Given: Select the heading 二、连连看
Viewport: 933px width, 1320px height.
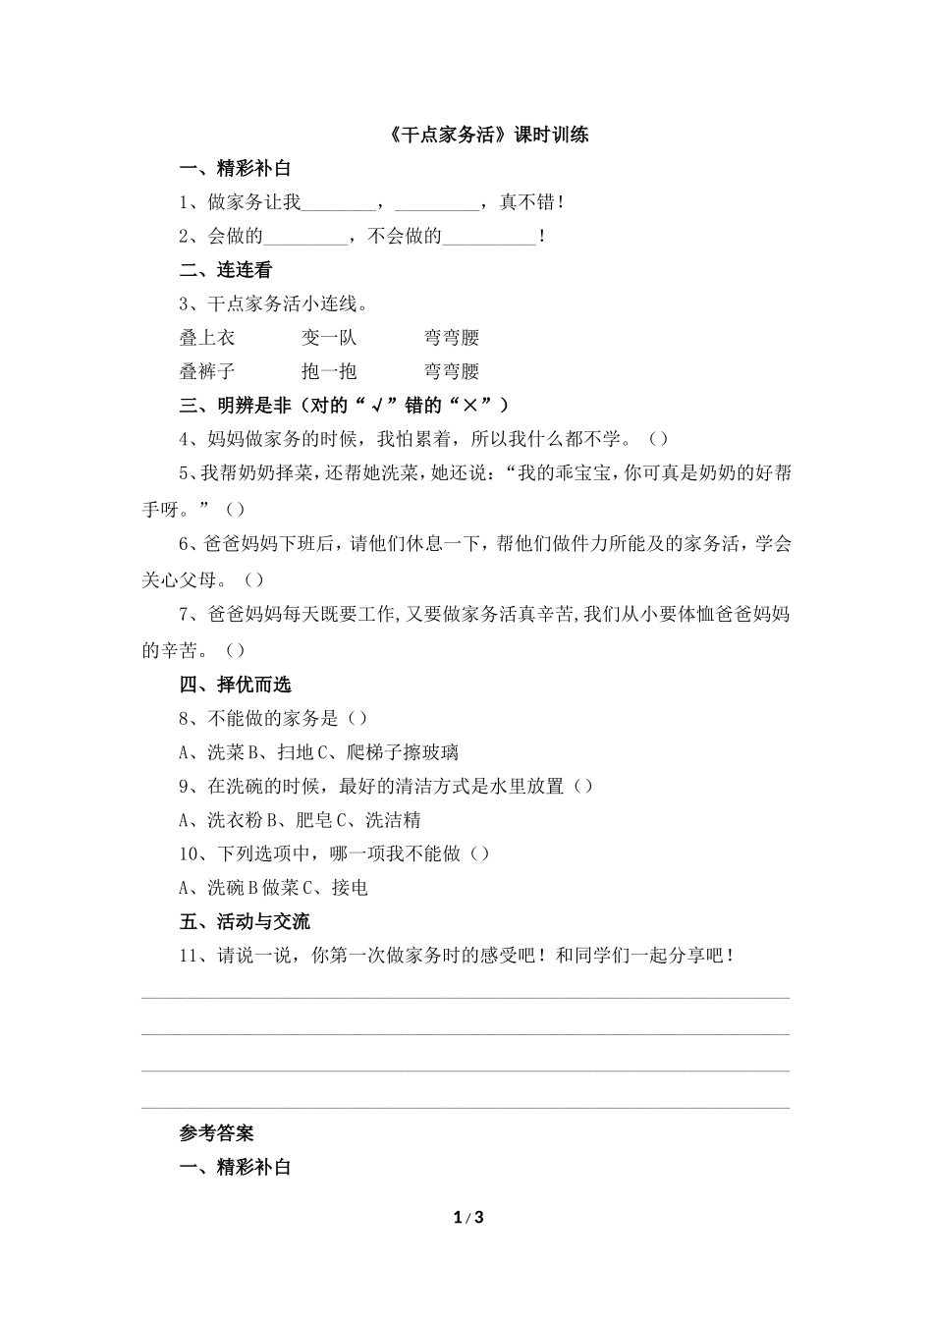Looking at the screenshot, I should (226, 270).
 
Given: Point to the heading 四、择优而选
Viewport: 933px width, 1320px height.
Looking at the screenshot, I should (236, 685).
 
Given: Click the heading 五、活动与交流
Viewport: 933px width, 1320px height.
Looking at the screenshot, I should (245, 921).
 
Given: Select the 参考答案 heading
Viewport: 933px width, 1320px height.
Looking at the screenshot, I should (217, 1132).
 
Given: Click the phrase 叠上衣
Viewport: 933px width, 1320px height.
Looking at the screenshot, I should (207, 338).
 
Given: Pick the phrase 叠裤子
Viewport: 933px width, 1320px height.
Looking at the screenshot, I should (207, 371).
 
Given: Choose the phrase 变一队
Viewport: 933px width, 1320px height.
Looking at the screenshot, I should (329, 338).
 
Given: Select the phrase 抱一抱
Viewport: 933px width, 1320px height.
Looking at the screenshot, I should (329, 371).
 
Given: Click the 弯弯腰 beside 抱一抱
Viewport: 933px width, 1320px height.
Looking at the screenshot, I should (452, 371).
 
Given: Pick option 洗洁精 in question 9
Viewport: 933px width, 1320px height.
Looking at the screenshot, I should (393, 820).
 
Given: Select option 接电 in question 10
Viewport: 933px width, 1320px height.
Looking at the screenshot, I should (350, 888).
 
